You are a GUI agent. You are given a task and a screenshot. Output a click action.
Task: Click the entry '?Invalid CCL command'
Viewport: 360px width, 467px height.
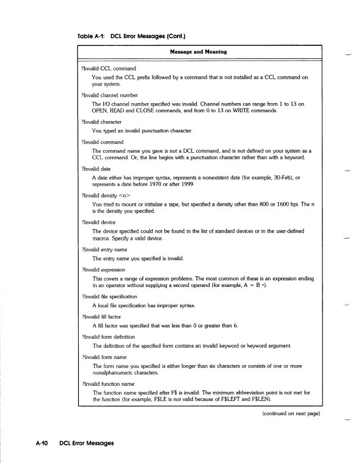point(108,69)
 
